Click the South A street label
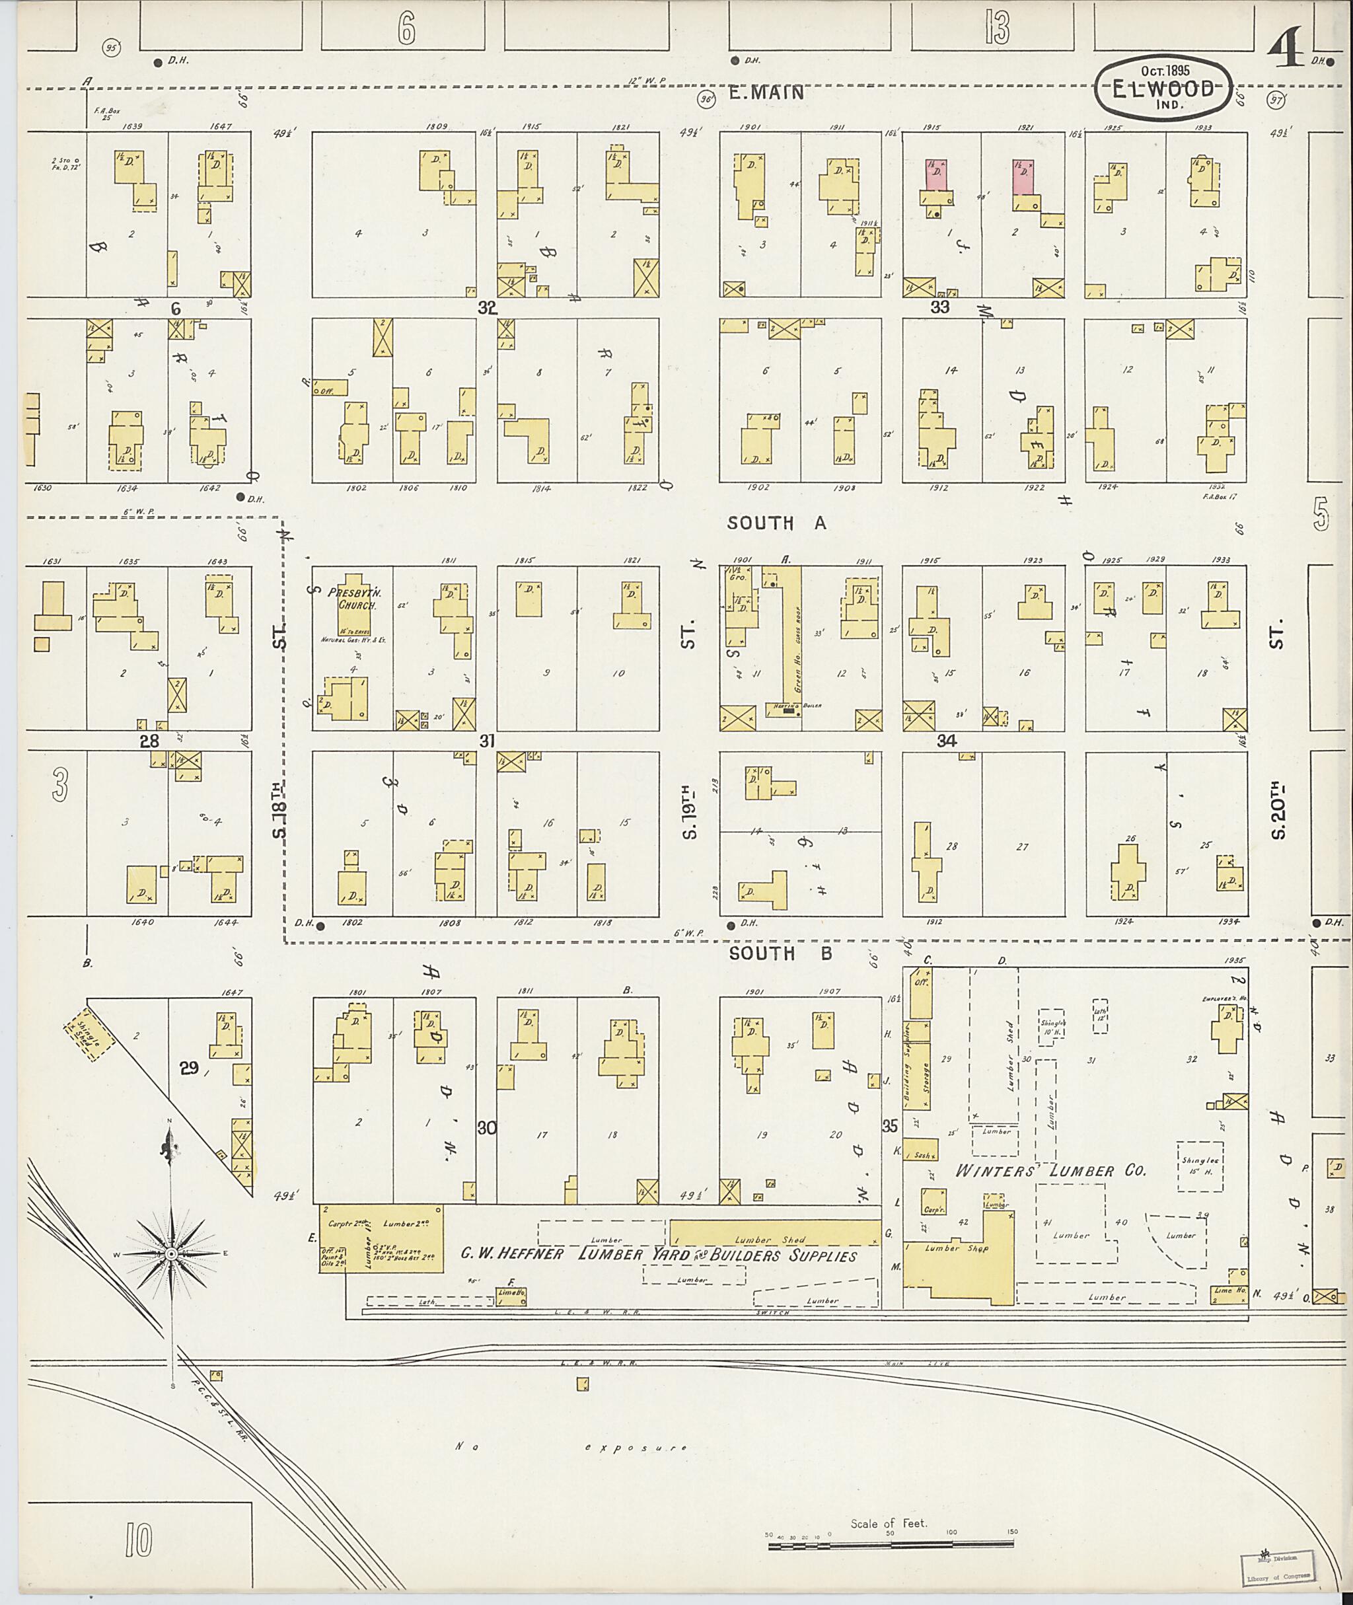[776, 523]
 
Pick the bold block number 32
[487, 308]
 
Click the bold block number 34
[947, 741]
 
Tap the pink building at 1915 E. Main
[935, 176]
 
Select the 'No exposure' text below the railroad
[571, 1448]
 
